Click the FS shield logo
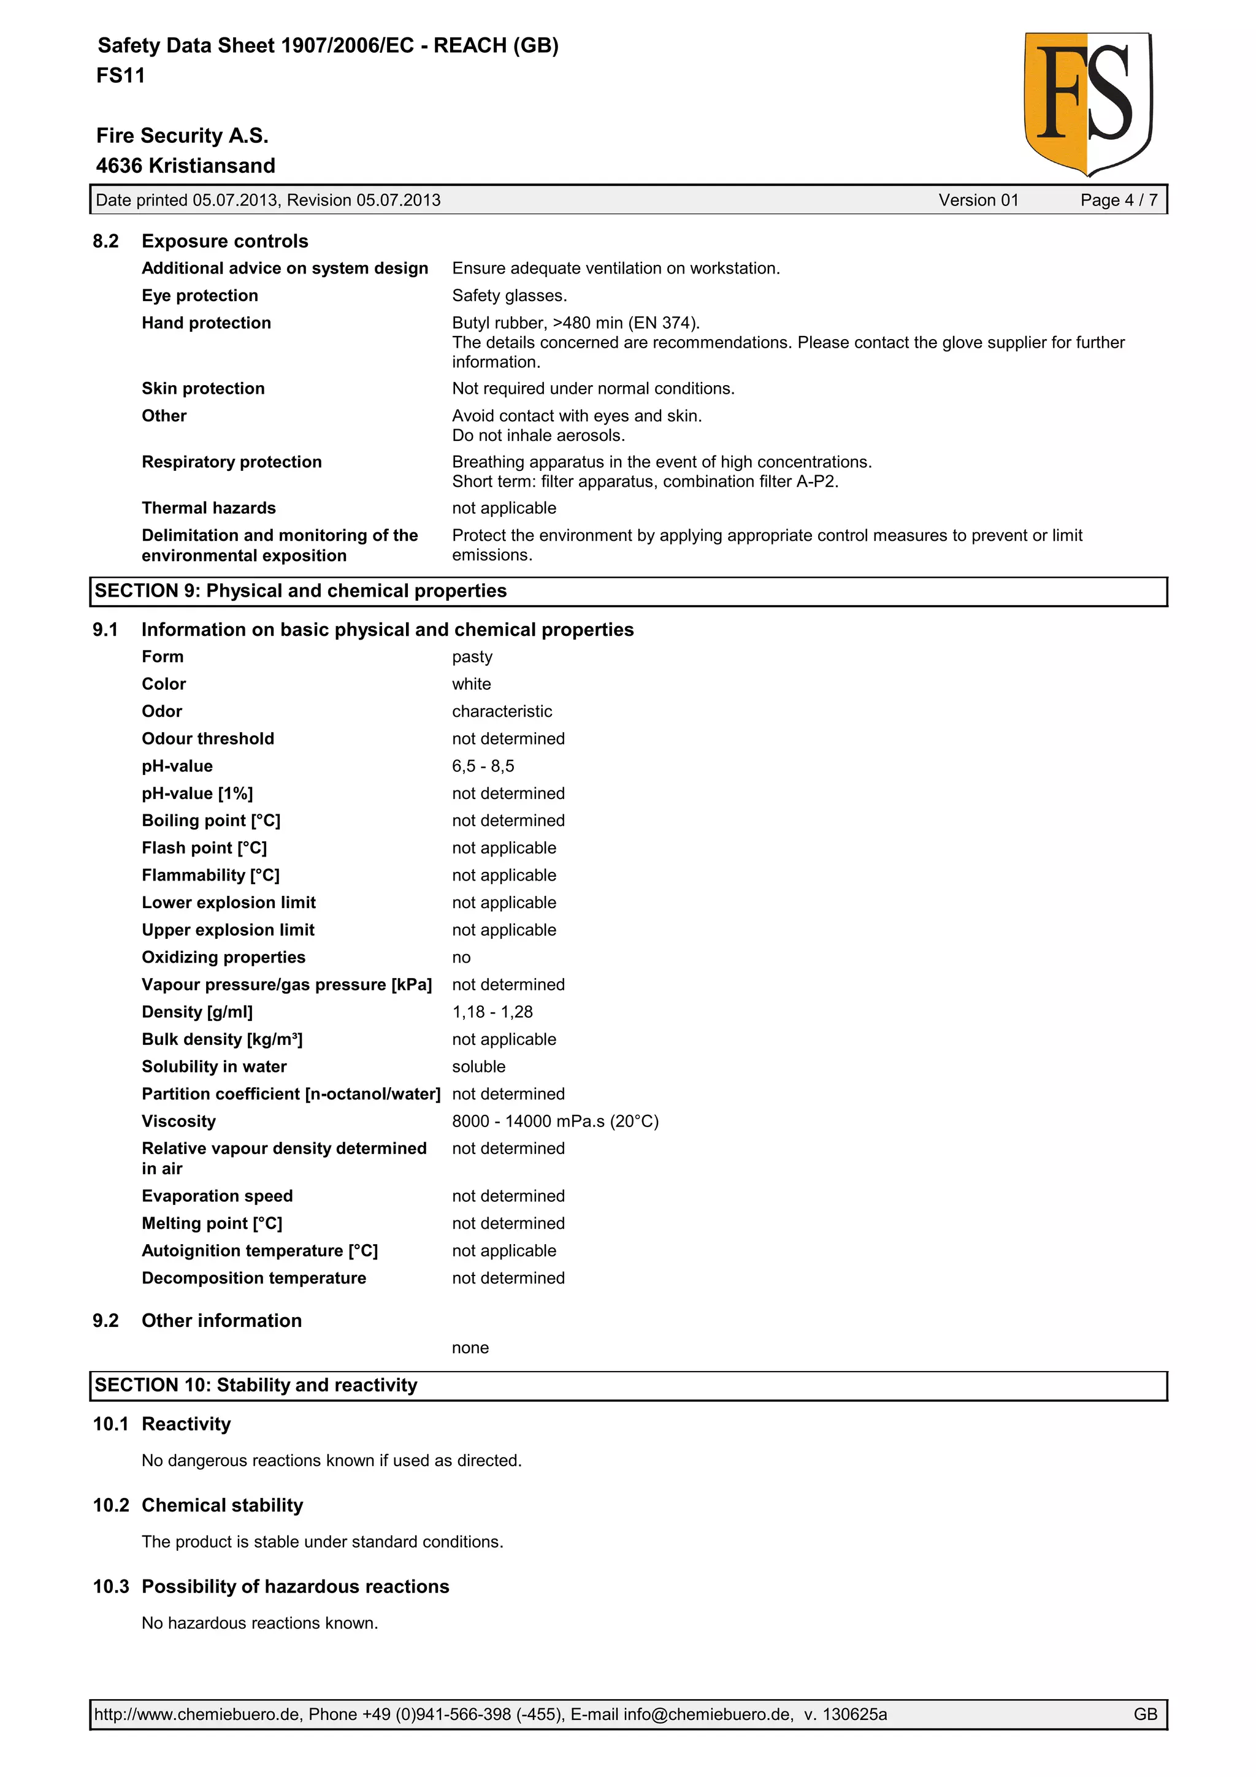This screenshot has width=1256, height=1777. click(x=1087, y=104)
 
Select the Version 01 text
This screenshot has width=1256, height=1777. click(x=978, y=201)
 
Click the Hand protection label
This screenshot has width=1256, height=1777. click(x=206, y=324)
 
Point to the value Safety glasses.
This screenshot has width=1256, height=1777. click(x=509, y=296)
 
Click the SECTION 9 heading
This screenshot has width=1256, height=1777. click(x=301, y=591)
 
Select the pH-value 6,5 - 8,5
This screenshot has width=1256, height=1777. click(x=483, y=766)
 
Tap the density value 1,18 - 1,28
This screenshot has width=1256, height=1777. click(x=492, y=1012)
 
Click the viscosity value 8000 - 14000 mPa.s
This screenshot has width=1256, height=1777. click(x=555, y=1122)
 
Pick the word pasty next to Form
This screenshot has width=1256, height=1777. click(x=472, y=657)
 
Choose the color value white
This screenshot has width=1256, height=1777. click(x=471, y=684)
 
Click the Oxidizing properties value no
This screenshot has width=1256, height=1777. click(x=461, y=958)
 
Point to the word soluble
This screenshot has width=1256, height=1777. click(x=478, y=1068)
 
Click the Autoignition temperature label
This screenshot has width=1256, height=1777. click(x=259, y=1252)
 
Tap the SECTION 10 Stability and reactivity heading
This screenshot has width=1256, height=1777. click(x=255, y=1385)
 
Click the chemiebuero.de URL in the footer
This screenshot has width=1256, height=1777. click(x=197, y=1714)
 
